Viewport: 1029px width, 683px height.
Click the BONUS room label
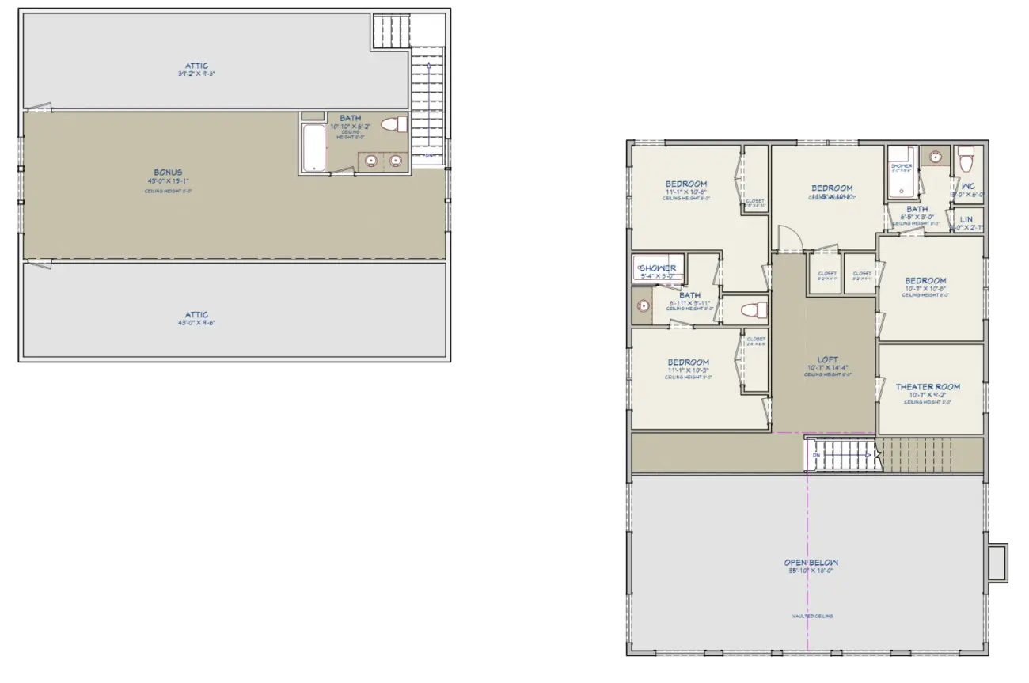pyautogui.click(x=168, y=173)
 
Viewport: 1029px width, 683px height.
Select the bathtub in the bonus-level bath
pyautogui.click(x=314, y=147)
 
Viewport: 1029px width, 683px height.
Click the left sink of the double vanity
pyautogui.click(x=370, y=161)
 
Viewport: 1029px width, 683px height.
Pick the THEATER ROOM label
pyautogui.click(x=928, y=387)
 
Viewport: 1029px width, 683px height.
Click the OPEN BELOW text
pyautogui.click(x=811, y=563)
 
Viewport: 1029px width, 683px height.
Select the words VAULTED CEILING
pyautogui.click(x=812, y=616)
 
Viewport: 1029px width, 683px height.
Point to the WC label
pyautogui.click(x=967, y=187)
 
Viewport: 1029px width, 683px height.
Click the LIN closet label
pyautogui.click(x=966, y=220)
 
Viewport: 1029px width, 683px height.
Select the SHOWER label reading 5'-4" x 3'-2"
pyautogui.click(x=658, y=268)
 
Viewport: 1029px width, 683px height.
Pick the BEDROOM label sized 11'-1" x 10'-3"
pyautogui.click(x=688, y=362)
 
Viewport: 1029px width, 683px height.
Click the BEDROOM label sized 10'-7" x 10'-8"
pyautogui.click(x=925, y=281)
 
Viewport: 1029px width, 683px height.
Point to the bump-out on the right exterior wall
pyautogui.click(x=1001, y=563)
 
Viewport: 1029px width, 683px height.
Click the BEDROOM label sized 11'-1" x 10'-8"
pyautogui.click(x=686, y=184)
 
